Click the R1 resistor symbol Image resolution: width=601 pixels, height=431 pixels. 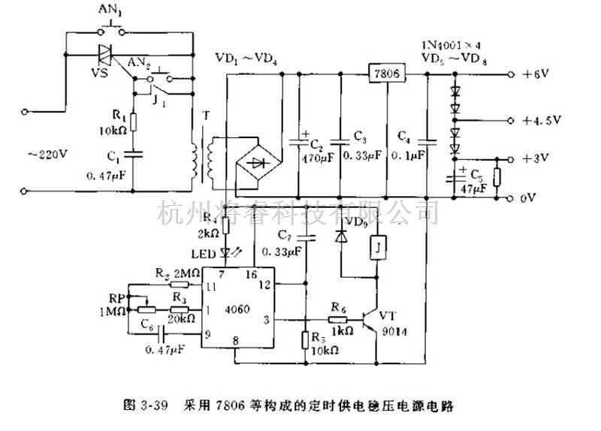pos(132,122)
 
